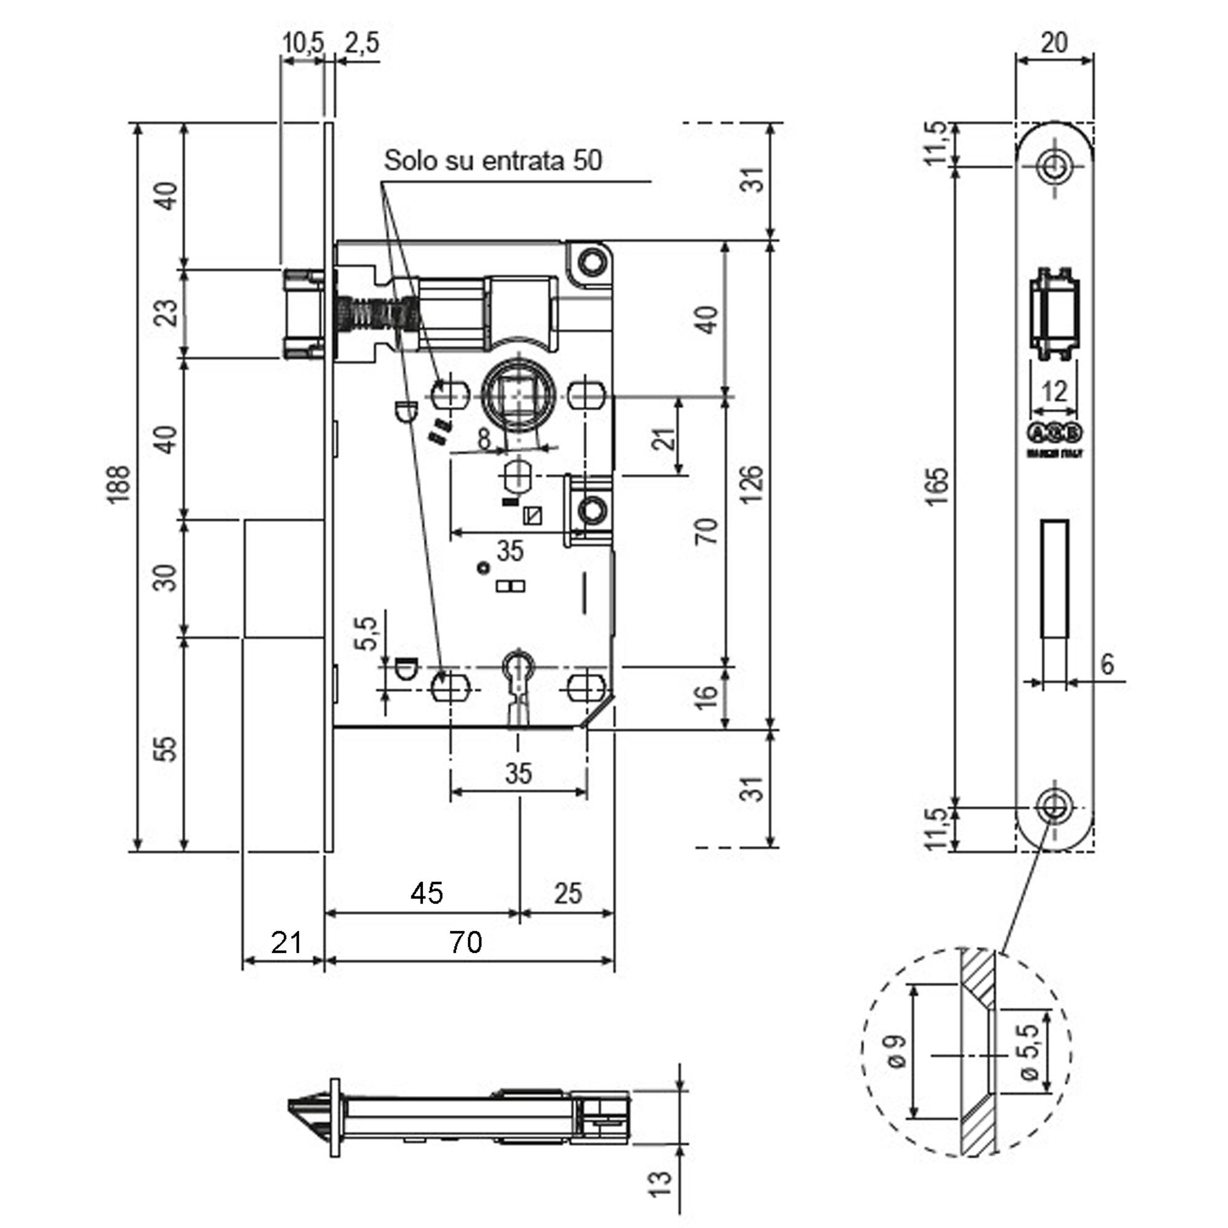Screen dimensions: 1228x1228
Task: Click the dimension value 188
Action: pyautogui.click(x=119, y=484)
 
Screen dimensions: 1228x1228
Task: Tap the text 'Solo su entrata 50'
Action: pyautogui.click(x=492, y=161)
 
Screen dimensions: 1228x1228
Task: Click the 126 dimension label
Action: pyautogui.click(x=753, y=484)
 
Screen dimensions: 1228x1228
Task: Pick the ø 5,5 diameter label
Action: pyautogui.click(x=1029, y=1052)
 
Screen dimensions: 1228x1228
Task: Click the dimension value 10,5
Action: pyautogui.click(x=303, y=42)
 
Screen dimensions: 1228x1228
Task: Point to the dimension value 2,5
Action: pyautogui.click(x=362, y=42)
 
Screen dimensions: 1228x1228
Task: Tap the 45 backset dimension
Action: pyautogui.click(x=426, y=893)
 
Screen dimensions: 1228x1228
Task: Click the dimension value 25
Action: pyautogui.click(x=567, y=893)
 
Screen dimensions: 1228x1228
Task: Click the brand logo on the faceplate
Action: pyautogui.click(x=1055, y=433)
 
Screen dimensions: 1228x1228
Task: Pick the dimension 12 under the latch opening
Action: pyautogui.click(x=1054, y=392)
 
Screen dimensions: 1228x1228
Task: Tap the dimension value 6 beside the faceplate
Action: pyautogui.click(x=1107, y=665)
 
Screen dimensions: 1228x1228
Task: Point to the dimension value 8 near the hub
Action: pyautogui.click(x=485, y=438)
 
